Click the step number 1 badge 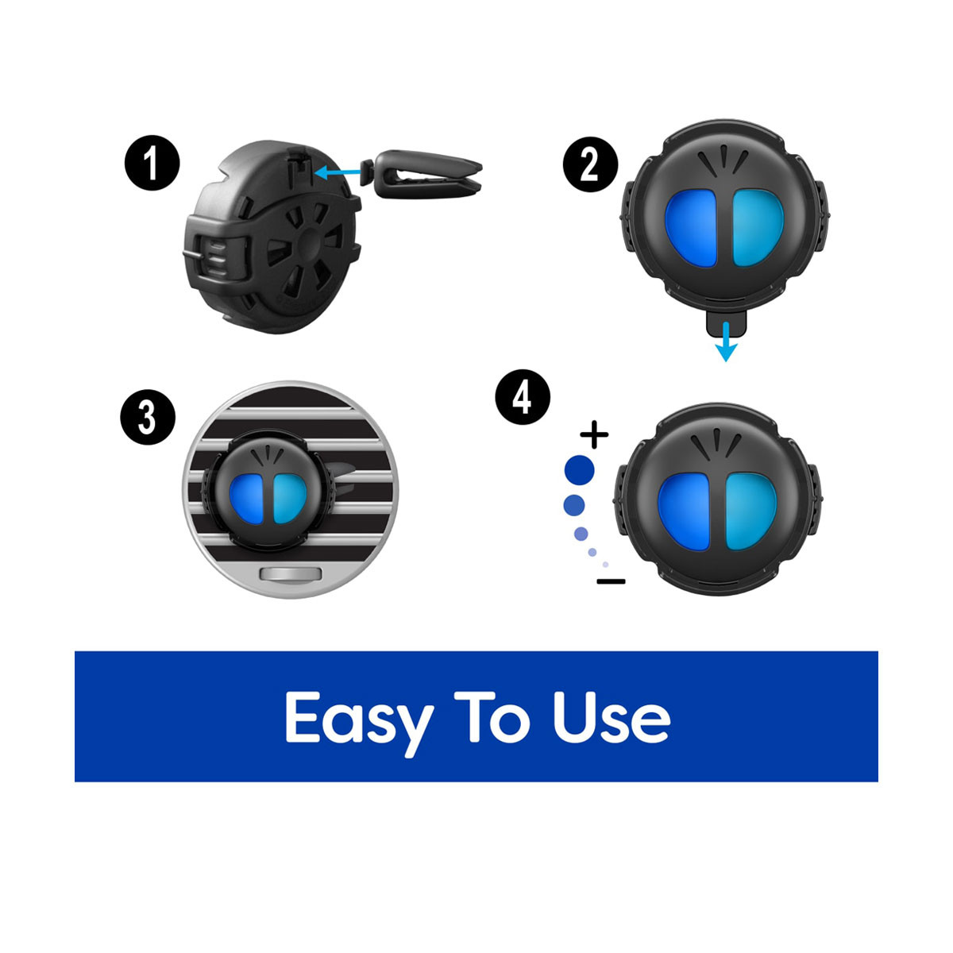(x=152, y=163)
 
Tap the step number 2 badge (x=591, y=164)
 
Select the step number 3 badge (x=148, y=418)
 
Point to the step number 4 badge (x=523, y=397)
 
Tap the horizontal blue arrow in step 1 (x=338, y=172)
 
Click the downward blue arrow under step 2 (x=726, y=341)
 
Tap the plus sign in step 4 (x=594, y=434)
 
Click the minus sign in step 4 (x=611, y=581)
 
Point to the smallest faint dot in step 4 (x=605, y=565)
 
